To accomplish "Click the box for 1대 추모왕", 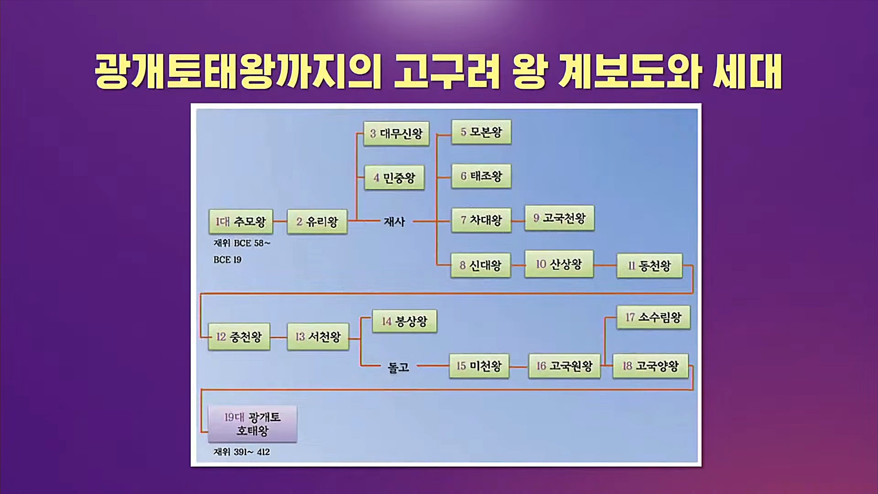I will point(241,222).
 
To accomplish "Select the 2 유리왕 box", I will point(317,222).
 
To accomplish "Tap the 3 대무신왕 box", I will point(396,133).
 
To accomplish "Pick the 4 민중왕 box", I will point(394,178).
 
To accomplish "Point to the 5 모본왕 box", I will point(481,132).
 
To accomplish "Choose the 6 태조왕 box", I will point(481,176).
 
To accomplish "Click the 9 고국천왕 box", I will point(559,218).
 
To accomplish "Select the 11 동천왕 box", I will point(649,266).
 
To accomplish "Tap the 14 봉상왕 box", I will point(405,321).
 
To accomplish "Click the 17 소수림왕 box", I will point(653,317).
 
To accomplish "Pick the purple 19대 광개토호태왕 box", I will point(252,424).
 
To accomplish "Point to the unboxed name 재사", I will point(394,222).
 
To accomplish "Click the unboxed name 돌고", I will point(398,368).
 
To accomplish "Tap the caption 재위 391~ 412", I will point(242,452).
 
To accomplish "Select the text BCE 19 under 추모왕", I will point(228,260).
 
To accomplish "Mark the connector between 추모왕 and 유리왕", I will point(280,221).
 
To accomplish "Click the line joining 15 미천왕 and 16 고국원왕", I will point(519,367).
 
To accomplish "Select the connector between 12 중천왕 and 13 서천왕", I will point(279,337).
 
